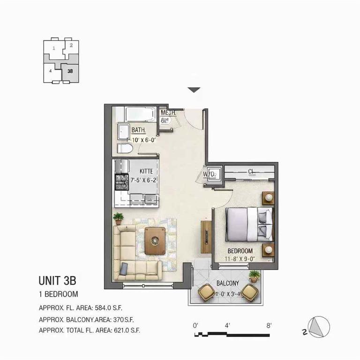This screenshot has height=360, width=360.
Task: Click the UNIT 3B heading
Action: pos(57,281)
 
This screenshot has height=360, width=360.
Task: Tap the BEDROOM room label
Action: pos(240,251)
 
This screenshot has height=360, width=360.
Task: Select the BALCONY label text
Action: pos(228,283)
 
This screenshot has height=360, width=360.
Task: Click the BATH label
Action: pos(138,130)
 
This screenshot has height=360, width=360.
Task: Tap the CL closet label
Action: pos(251,171)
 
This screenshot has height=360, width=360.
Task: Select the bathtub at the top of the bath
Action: pos(140,114)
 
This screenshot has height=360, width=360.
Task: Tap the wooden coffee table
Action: pos(155,240)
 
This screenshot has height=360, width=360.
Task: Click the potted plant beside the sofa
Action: pos(118,218)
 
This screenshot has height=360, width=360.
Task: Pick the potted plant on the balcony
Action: pos(254,276)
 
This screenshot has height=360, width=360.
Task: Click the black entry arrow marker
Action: pos(194,90)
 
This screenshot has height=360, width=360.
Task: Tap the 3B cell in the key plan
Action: pos(70,72)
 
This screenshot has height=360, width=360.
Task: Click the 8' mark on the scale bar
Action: pos(269,325)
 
